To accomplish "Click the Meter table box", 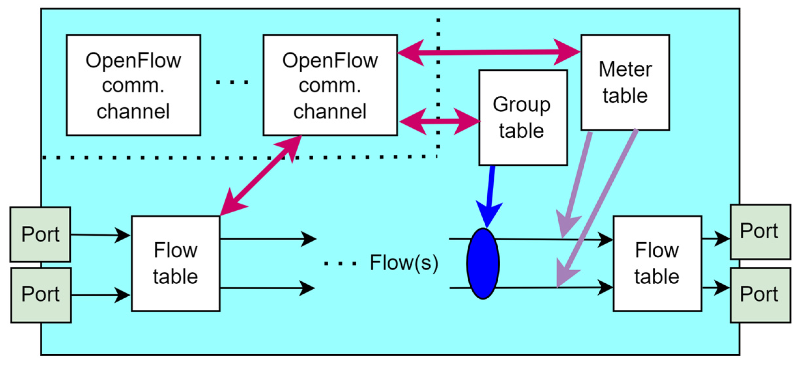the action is (x=625, y=82).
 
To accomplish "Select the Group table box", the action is (x=523, y=118).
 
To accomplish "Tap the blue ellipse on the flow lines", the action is (x=483, y=263).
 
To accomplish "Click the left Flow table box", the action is (x=176, y=263).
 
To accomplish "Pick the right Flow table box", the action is (x=657, y=263).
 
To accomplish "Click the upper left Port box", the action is (x=40, y=234).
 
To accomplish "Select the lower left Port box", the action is (x=41, y=295).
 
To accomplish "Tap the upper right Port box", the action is (x=761, y=232).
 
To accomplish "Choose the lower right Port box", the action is (x=761, y=295).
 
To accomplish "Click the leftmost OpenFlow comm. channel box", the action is (x=134, y=85).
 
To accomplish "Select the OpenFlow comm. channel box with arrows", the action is (x=330, y=85).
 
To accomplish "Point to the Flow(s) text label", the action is (x=404, y=262).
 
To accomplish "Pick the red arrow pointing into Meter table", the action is (x=489, y=52).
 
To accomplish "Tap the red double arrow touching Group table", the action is (x=439, y=121).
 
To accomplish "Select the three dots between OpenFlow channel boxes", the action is (x=232, y=82).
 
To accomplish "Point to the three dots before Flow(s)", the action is (x=340, y=263).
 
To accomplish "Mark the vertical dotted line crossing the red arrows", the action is (x=438, y=88).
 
